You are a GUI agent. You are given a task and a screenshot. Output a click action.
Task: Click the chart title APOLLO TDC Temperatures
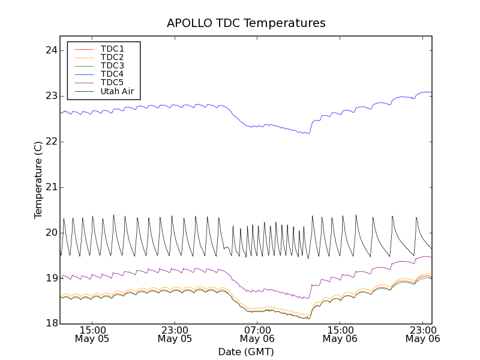[x=246, y=23]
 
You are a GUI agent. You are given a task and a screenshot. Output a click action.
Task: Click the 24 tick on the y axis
[x=51, y=50]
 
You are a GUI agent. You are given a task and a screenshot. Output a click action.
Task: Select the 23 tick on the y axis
[x=51, y=96]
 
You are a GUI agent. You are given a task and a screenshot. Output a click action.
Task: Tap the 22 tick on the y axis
[x=51, y=142]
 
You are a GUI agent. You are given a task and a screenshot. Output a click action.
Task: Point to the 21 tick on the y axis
[x=51, y=187]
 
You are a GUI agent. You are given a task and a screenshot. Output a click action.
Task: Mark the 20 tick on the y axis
[x=51, y=233]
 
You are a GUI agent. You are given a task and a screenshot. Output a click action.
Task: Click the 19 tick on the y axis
[x=51, y=278]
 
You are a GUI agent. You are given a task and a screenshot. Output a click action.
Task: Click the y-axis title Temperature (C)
[x=38, y=180]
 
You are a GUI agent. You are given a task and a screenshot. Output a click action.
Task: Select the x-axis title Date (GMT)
[x=246, y=352]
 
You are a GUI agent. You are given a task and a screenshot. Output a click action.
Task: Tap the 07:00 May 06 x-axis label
[x=257, y=334]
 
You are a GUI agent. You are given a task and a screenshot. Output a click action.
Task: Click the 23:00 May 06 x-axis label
[x=422, y=334]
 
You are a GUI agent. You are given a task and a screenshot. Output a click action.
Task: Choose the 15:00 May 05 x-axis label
[x=92, y=334]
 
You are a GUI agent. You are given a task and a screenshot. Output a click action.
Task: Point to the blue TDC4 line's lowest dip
[x=308, y=133]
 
